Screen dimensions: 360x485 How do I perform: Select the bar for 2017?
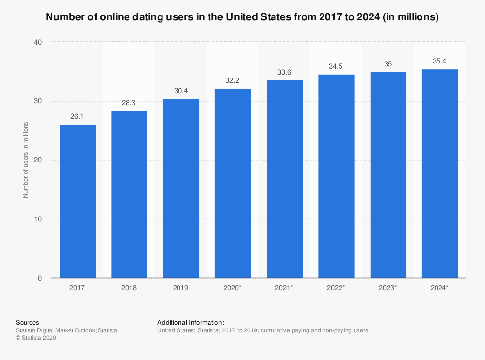pos(78,201)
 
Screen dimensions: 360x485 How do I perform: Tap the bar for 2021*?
pos(285,179)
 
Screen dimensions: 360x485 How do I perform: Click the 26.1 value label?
pos(78,117)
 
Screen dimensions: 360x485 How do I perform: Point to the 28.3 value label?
pos(129,103)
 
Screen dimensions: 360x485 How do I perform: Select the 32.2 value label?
pos(233,80)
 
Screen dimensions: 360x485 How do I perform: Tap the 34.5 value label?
pos(336,67)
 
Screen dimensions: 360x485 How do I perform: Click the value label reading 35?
pos(388,64)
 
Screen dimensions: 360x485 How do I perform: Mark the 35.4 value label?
pos(440,62)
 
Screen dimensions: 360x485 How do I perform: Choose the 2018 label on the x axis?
pos(129,288)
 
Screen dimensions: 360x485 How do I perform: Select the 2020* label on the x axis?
pos(233,288)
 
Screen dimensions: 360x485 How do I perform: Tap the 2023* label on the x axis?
pos(388,288)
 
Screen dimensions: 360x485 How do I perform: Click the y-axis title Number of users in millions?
pos(26,160)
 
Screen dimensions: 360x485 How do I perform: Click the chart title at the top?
pos(242,17)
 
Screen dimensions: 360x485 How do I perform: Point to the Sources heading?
pos(27,322)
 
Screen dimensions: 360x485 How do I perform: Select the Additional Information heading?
pos(191,322)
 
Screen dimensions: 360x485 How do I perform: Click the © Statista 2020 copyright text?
pos(36,338)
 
